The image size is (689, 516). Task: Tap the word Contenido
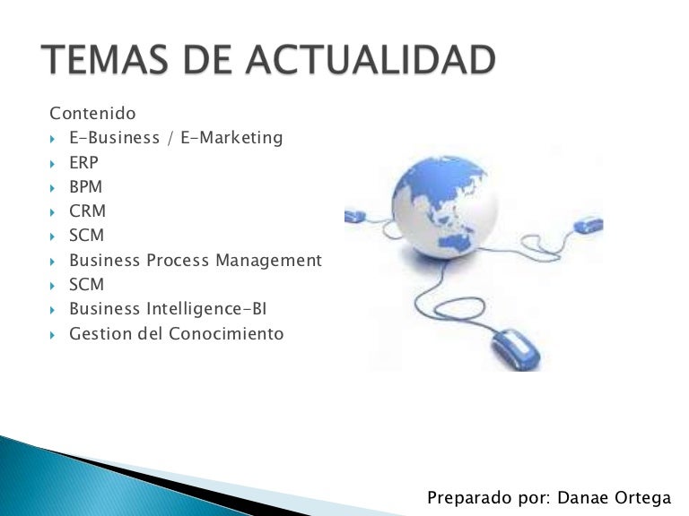point(92,114)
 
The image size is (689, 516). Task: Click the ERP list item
point(83,163)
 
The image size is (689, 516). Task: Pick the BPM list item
point(85,187)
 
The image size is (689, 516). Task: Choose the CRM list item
point(87,211)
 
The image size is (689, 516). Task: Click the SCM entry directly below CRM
point(86,236)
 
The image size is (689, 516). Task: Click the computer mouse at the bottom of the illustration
point(515,348)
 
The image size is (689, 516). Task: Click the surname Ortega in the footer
point(644,497)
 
